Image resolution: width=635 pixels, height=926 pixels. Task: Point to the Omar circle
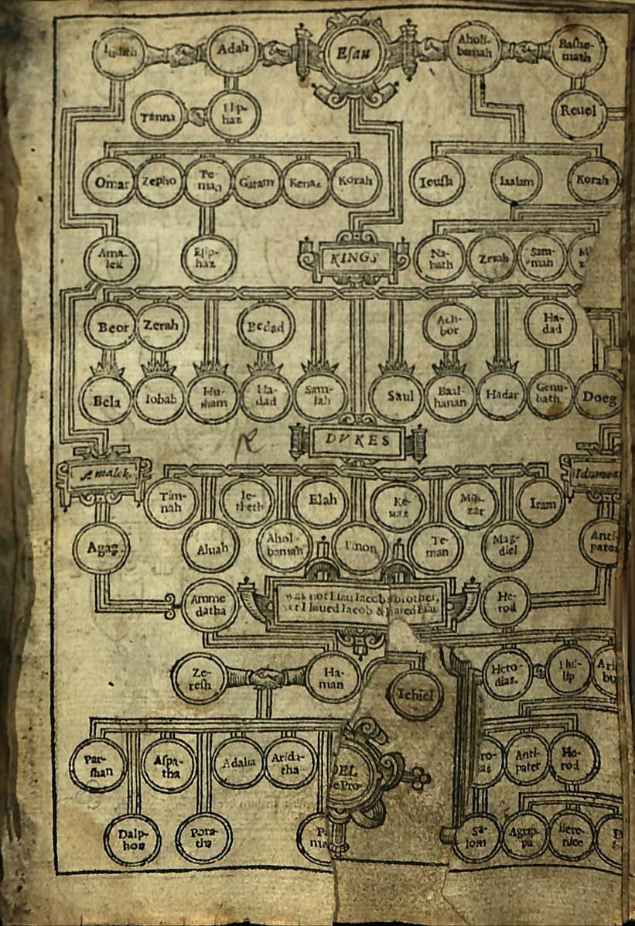(108, 183)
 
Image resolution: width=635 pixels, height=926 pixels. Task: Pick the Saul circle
(396, 396)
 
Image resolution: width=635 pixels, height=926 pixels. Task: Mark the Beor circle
(111, 326)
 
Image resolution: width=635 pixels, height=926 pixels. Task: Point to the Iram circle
(541, 503)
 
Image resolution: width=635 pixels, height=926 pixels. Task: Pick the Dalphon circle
(131, 839)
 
